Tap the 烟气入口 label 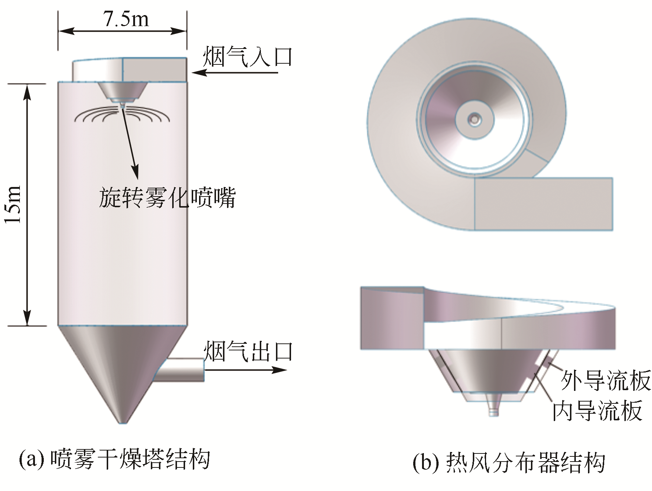pos(247,57)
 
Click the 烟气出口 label pos(249,352)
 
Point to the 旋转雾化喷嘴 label pos(167,198)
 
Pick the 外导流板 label pos(605,380)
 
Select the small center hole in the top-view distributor pos(475,119)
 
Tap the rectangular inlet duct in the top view pos(543,204)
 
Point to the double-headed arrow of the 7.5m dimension pos(122,31)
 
